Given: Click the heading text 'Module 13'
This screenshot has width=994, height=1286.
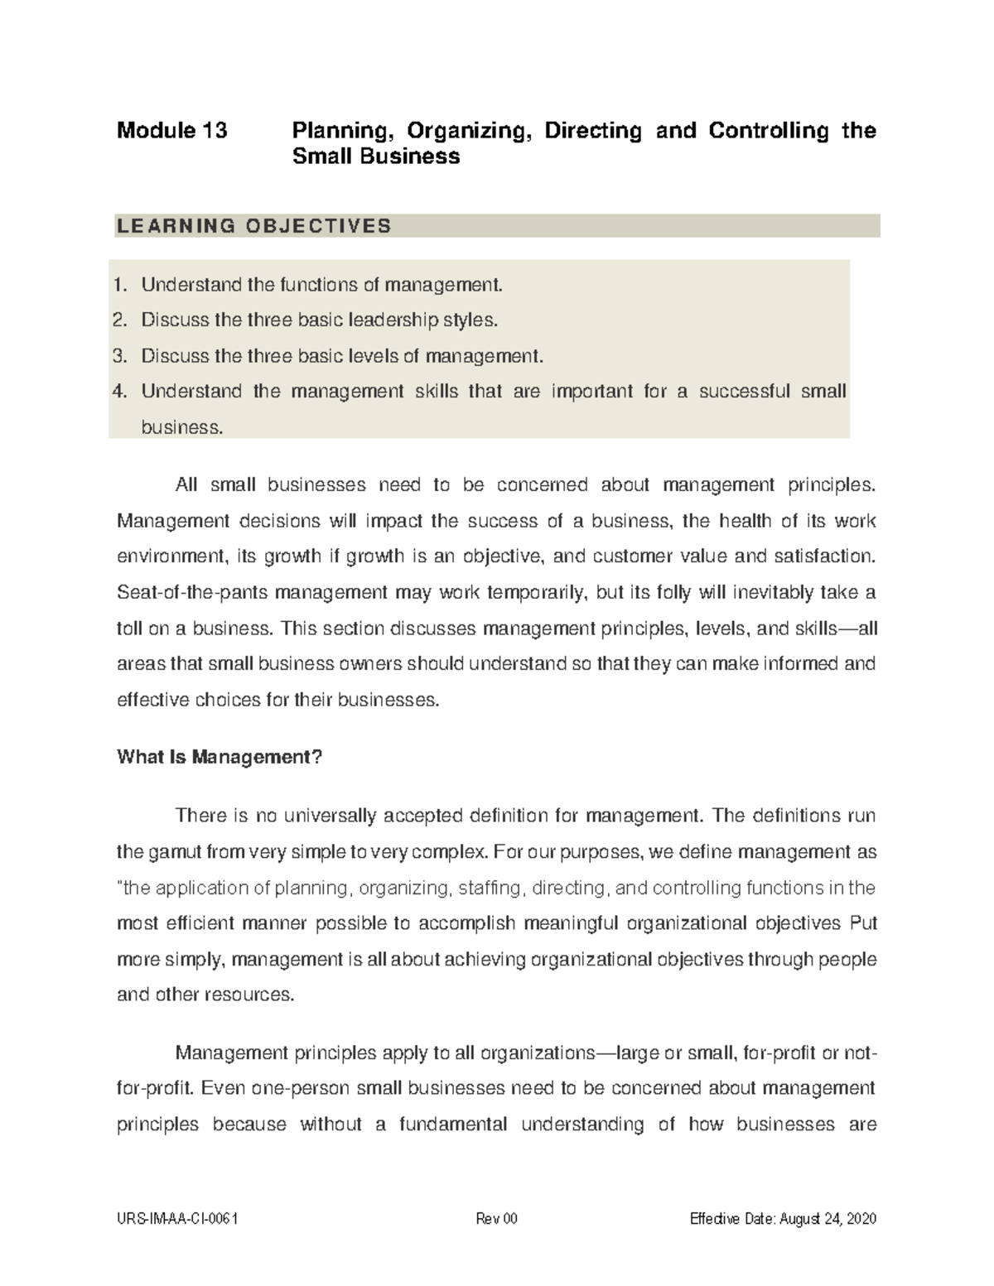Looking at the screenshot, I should pos(171,131).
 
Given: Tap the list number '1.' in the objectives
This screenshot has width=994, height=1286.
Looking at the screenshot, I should pos(121,286).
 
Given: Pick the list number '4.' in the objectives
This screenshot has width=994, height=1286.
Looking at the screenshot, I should pos(121,392).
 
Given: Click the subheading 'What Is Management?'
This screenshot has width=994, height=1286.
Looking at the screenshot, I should pos(219,757).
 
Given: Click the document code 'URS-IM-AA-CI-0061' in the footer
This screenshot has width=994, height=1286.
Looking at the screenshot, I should pos(179,1219).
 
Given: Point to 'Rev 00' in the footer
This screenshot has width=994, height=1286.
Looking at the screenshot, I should pos(496,1219).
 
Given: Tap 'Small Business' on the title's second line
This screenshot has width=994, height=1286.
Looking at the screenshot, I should pos(376,157).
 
